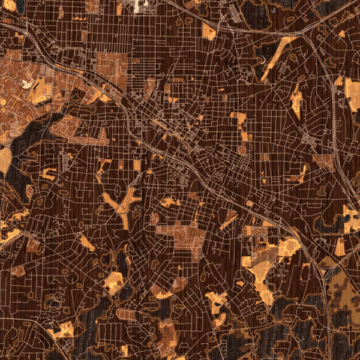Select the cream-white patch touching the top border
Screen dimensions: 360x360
point(139,6)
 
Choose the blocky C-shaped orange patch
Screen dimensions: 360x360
point(48,174)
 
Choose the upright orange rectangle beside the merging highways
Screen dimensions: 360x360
point(340,246)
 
